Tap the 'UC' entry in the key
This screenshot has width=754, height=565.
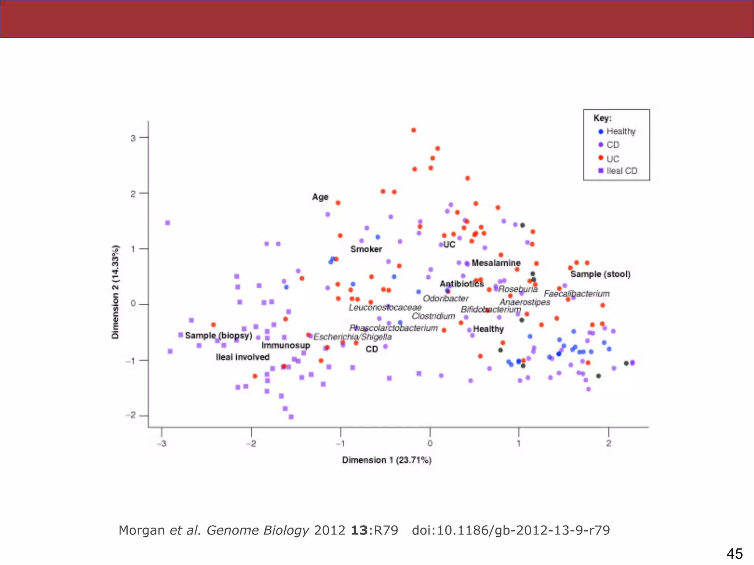tap(613, 159)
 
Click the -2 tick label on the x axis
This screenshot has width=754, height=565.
tap(251, 444)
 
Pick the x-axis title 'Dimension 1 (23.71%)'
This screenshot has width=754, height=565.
tap(387, 460)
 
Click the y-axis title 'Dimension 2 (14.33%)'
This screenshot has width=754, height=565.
tap(116, 292)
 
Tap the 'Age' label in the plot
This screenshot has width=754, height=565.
tap(320, 197)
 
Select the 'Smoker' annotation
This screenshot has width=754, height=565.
tap(366, 249)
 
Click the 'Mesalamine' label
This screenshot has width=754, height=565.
tap(496, 263)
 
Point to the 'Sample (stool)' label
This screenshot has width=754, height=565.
tap(600, 274)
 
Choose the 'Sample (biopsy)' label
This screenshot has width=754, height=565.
tap(219, 335)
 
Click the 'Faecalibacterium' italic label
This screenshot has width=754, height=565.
tap(577, 294)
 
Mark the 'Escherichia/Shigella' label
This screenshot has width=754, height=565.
tap(352, 337)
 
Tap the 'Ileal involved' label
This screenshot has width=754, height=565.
tap(243, 357)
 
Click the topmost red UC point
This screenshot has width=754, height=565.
tap(413, 130)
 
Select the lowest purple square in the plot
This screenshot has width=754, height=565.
tap(291, 417)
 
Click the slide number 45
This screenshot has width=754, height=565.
tap(734, 554)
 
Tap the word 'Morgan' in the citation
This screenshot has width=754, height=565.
tap(141, 530)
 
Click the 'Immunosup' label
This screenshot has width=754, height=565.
tap(286, 345)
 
